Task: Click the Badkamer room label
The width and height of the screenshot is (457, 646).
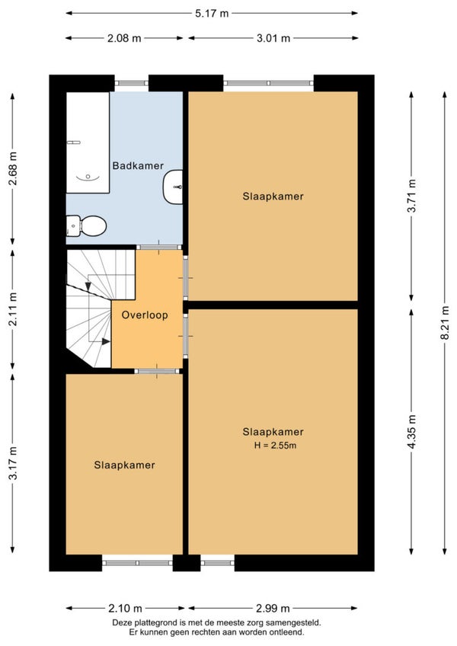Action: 138,165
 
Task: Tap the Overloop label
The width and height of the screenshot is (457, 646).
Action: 145,315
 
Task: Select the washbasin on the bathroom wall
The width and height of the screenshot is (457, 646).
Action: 173,187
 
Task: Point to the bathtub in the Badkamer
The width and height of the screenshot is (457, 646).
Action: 88,142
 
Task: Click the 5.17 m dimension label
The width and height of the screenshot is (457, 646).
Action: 212,13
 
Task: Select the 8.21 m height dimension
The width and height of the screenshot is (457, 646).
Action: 445,322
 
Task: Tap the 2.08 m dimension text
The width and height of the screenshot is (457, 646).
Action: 124,38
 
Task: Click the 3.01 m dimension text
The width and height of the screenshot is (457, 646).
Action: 273,38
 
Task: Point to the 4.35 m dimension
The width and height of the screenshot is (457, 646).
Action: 411,432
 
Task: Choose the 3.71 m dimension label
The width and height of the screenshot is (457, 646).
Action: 411,196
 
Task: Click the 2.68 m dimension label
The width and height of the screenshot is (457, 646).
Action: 13,168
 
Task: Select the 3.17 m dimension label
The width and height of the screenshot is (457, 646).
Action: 13,463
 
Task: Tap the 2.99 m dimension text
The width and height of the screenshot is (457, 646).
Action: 273,608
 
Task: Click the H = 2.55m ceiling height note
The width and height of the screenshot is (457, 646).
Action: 275,446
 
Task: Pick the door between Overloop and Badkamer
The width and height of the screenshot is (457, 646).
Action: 158,247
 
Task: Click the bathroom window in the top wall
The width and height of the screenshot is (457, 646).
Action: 131,83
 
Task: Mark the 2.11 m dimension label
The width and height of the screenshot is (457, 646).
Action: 13,309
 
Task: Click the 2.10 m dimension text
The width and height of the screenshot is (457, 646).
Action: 125,608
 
